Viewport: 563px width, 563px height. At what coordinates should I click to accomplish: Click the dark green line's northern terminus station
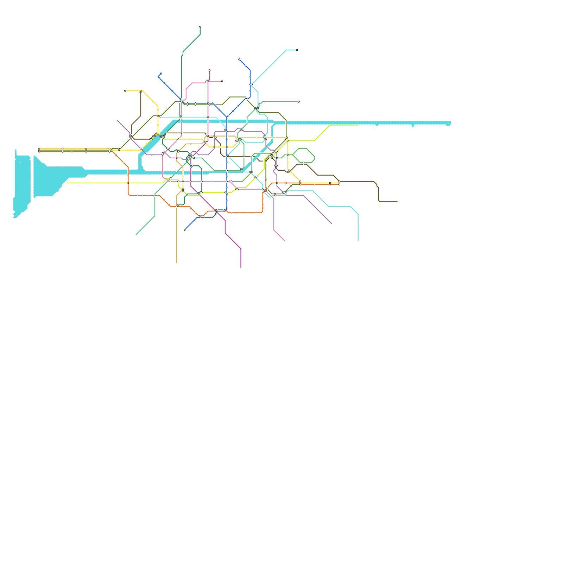[x=200, y=26]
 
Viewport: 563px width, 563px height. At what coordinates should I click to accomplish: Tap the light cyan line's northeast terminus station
[x=297, y=50]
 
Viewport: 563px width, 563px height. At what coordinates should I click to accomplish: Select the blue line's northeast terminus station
[x=239, y=59]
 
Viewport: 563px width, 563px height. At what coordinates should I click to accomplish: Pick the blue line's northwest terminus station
[x=161, y=74]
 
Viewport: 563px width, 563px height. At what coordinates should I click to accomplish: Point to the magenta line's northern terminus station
[x=209, y=70]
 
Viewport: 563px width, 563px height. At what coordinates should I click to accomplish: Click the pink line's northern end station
[x=222, y=81]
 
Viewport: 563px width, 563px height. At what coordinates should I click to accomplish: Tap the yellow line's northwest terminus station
[x=125, y=91]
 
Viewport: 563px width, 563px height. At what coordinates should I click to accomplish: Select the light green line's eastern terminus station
[x=299, y=102]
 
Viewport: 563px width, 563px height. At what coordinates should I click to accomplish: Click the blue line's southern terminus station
[x=184, y=230]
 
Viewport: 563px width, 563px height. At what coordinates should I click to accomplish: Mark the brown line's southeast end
[x=397, y=202]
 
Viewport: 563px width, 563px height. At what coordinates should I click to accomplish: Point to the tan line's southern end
[x=177, y=263]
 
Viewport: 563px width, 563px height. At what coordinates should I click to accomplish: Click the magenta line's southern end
[x=241, y=267]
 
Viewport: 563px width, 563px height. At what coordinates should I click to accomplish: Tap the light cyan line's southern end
[x=358, y=241]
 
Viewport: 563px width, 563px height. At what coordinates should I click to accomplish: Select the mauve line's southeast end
[x=332, y=224]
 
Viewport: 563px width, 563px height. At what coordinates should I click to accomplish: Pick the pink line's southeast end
[x=284, y=241]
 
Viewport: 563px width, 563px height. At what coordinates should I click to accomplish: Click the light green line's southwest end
[x=136, y=235]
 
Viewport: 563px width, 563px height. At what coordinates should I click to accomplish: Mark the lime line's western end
[x=67, y=183]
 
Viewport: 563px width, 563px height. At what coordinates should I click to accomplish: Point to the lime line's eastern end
[x=358, y=125]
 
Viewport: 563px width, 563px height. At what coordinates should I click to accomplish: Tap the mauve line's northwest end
[x=118, y=120]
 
